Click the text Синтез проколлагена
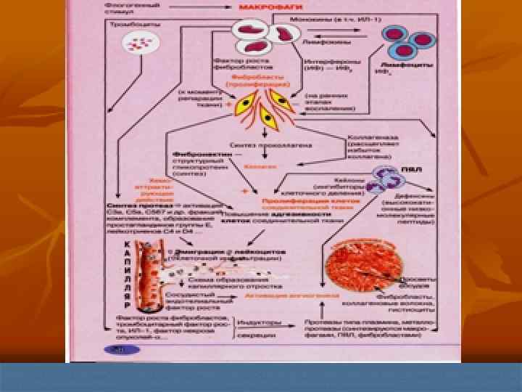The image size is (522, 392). coord(260,144)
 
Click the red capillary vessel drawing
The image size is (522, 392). coord(143,279)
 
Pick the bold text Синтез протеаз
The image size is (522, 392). coord(130,205)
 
